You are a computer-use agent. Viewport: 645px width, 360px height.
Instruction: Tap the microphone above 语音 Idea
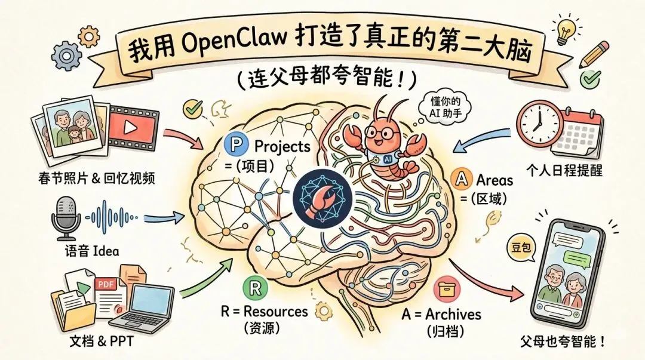[x=66, y=216]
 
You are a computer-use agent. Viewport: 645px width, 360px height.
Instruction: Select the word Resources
[x=277, y=311]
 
